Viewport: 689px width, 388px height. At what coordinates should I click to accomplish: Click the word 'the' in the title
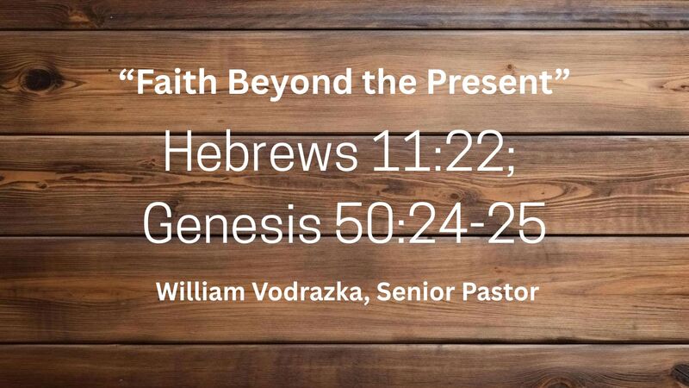point(371,85)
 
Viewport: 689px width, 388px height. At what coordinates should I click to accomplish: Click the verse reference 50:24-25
point(444,223)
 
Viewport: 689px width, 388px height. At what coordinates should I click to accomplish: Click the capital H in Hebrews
point(177,155)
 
